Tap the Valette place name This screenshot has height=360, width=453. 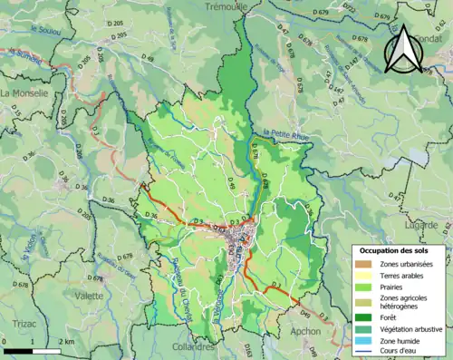point(88,296)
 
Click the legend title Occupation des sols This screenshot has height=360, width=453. point(395,249)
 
